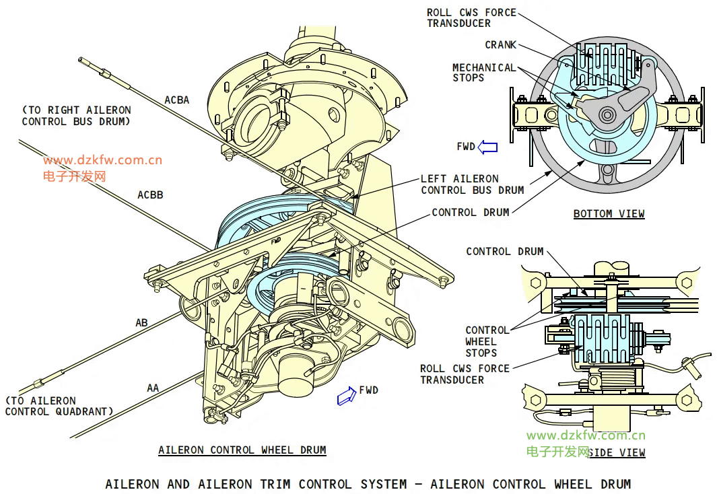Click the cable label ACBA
click(x=177, y=100)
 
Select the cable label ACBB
click(x=150, y=195)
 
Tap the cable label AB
click(x=141, y=323)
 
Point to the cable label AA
click(x=153, y=388)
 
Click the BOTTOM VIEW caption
click(x=609, y=214)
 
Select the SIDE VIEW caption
click(x=616, y=453)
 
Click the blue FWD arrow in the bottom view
click(x=487, y=147)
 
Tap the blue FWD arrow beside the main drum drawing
click(x=347, y=396)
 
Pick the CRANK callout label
click(x=500, y=45)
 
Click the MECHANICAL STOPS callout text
click(x=483, y=73)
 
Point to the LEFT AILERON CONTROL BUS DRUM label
click(x=472, y=184)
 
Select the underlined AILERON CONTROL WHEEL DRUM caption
click(x=242, y=450)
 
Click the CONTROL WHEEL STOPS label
click(x=487, y=341)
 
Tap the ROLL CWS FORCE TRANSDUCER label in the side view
click(x=465, y=374)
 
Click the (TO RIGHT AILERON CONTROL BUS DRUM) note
click(x=76, y=116)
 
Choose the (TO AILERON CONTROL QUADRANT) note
click(x=59, y=406)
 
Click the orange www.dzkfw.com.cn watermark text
click(x=102, y=160)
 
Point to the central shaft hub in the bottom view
click(x=609, y=115)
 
